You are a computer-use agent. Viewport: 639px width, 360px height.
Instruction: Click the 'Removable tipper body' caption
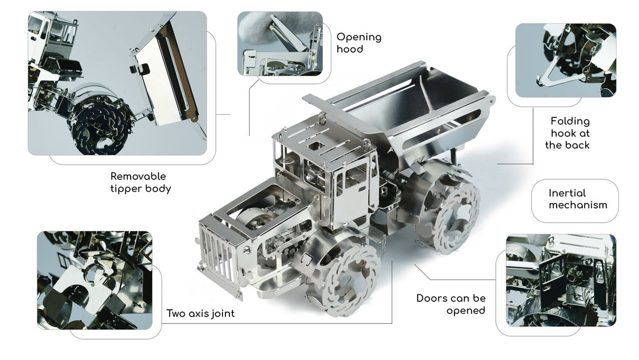coord(141,182)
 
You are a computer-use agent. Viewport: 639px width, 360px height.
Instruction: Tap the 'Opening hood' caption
coord(359,43)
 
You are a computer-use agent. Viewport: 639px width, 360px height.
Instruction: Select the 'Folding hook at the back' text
coord(567,133)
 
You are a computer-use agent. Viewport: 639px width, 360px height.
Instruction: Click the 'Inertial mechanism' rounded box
coord(575,201)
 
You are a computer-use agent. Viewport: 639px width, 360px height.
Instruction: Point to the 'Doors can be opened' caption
coord(451,304)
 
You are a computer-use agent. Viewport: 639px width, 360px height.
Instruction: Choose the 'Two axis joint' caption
coord(201,313)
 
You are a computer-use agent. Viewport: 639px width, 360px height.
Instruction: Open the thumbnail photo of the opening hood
coord(280,44)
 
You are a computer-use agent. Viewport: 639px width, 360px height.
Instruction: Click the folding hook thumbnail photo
coord(566,60)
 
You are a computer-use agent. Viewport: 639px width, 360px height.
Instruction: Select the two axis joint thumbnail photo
coord(95,281)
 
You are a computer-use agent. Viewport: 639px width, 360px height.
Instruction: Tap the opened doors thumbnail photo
coord(561,281)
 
